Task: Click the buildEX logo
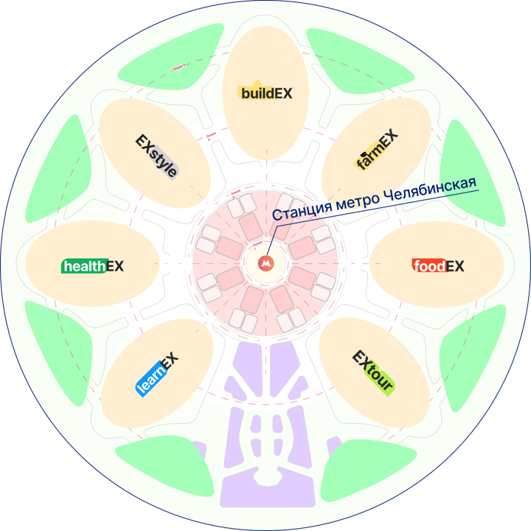pyautogui.click(x=265, y=93)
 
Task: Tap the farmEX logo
pyautogui.click(x=377, y=150)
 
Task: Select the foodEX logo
pyautogui.click(x=438, y=266)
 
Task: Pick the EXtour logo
pyautogui.click(x=373, y=371)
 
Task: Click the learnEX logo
pyautogui.click(x=158, y=374)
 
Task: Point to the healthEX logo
pyautogui.click(x=92, y=265)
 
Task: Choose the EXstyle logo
pyautogui.click(x=156, y=156)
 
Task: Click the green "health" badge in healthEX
pyautogui.click(x=83, y=266)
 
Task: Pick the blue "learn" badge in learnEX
pyautogui.click(x=150, y=381)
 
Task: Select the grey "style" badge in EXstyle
pyautogui.click(x=164, y=164)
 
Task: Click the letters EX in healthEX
pyautogui.click(x=115, y=265)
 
